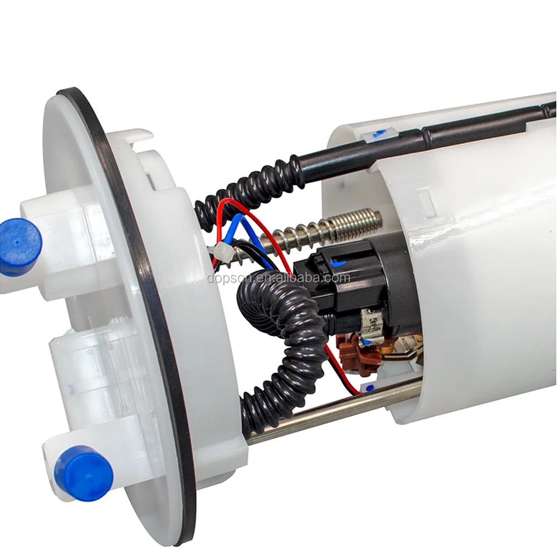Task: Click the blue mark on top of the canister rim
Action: tap(379, 133)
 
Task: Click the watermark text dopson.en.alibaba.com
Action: tap(278, 277)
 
